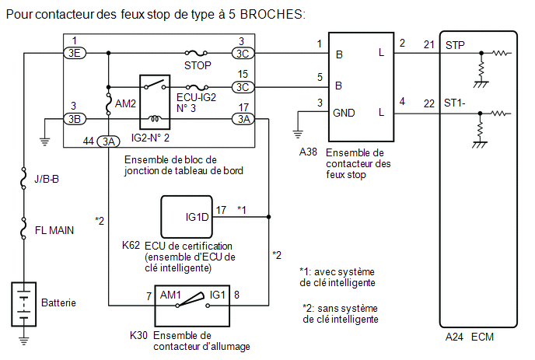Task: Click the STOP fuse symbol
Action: pos(196,53)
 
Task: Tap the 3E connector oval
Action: pos(75,53)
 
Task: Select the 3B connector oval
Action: pos(75,119)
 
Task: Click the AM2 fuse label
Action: pos(125,103)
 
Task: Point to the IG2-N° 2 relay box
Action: pos(155,102)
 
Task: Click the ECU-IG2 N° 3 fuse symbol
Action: pos(197,87)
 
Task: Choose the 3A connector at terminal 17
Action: pos(243,119)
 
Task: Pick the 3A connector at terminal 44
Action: pos(109,141)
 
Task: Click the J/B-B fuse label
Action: pos(47,179)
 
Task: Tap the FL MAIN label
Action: pos(54,230)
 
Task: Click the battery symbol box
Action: pos(24,304)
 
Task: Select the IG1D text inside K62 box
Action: pos(197,217)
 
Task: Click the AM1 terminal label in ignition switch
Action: pos(170,295)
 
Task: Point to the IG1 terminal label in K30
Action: pos(218,295)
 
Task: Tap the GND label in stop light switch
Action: pos(344,113)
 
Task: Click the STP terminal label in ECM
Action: pos(455,45)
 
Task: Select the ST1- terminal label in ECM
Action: pos(454,103)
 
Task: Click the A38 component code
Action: pos(308,152)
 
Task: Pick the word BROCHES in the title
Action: pos(272,14)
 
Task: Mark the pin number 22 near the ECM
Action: pos(429,103)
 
